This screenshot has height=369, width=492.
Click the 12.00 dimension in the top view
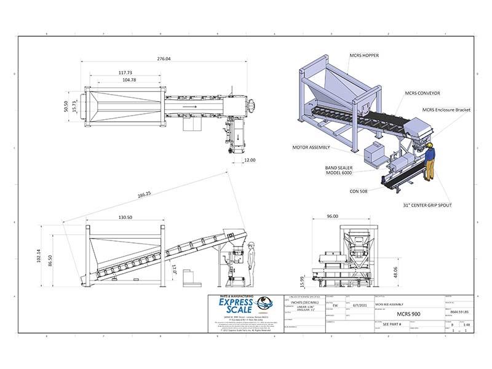click(249, 160)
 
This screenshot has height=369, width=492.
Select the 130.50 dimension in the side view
click(125, 216)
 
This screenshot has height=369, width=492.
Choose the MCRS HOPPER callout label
click(364, 55)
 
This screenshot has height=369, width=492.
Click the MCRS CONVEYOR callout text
click(422, 93)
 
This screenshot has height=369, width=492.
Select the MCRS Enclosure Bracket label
click(446, 109)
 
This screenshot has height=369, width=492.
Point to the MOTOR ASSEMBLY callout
click(311, 148)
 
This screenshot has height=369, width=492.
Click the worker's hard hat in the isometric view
click(430, 144)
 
